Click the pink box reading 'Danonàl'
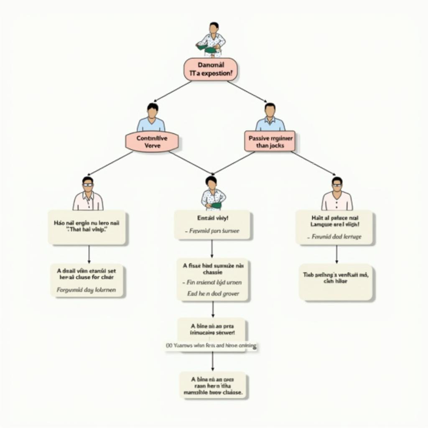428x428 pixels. (x=211, y=69)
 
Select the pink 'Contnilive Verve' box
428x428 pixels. (x=152, y=141)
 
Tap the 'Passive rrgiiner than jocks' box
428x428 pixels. (x=270, y=141)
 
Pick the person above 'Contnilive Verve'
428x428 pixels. (x=152, y=118)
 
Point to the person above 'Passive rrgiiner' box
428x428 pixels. (x=270, y=117)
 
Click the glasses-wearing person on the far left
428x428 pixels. (x=88, y=194)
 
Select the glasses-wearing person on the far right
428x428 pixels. (x=337, y=194)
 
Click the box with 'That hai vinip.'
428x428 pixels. (x=87, y=227)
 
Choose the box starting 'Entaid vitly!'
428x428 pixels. (x=212, y=225)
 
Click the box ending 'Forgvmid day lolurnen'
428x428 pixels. (x=87, y=280)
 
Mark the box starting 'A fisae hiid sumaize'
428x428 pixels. (x=212, y=279)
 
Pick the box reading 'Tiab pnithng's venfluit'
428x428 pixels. (x=336, y=282)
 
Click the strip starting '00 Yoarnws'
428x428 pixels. (x=211, y=346)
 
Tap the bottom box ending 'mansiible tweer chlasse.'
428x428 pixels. (x=213, y=385)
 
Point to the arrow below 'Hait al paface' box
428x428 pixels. (x=336, y=254)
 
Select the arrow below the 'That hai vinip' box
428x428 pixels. (x=89, y=254)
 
